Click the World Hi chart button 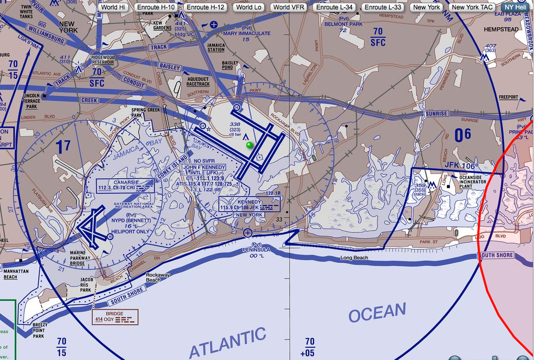(x=113, y=7)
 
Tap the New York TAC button (x=472, y=7)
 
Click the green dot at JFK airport (x=249, y=145)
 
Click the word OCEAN (x=377, y=313)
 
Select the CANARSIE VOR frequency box (x=126, y=184)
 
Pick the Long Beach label (x=354, y=258)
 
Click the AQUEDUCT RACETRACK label (x=198, y=82)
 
